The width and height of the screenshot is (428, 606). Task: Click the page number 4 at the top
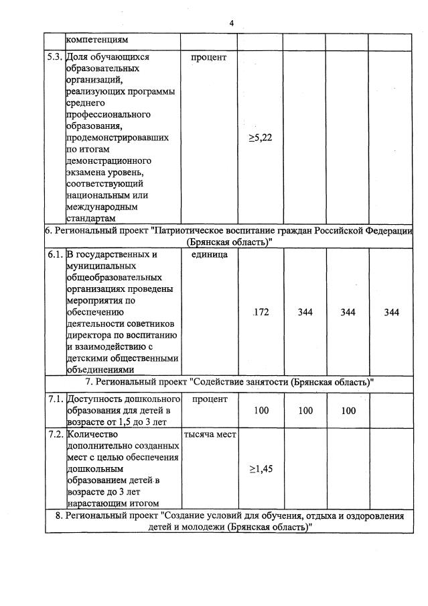pyautogui.click(x=231, y=23)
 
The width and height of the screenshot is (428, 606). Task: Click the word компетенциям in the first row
pyautogui.click(x=97, y=41)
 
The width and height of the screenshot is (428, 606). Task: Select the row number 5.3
pyautogui.click(x=55, y=57)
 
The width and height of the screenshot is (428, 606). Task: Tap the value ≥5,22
pyautogui.click(x=261, y=138)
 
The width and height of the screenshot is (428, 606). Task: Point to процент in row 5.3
pyautogui.click(x=209, y=57)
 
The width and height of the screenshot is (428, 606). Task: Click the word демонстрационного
pyautogui.click(x=108, y=161)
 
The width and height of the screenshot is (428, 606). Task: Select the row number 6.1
pyautogui.click(x=55, y=255)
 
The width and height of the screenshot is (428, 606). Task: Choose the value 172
pyautogui.click(x=261, y=312)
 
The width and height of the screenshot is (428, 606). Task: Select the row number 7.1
pyautogui.click(x=55, y=399)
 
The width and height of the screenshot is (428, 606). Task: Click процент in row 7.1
pyautogui.click(x=209, y=399)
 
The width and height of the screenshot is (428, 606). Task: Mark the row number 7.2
pyautogui.click(x=55, y=434)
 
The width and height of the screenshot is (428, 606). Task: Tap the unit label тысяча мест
pyautogui.click(x=210, y=434)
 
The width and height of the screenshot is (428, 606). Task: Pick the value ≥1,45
pyautogui.click(x=261, y=468)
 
